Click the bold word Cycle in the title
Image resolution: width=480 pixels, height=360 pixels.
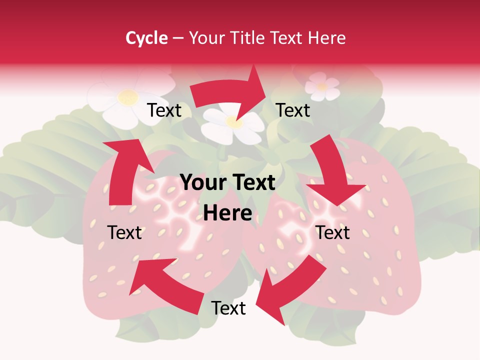(146, 38)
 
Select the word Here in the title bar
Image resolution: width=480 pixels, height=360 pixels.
(327, 38)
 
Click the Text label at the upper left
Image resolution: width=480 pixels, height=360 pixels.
(164, 110)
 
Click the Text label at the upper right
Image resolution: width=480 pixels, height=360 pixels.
(293, 110)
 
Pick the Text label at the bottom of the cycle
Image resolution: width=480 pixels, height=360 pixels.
(228, 308)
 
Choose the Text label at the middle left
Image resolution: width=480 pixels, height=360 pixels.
(124, 232)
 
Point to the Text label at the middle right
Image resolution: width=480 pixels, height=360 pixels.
(332, 232)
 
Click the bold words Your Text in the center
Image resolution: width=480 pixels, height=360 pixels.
(227, 183)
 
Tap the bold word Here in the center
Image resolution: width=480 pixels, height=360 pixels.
(227, 213)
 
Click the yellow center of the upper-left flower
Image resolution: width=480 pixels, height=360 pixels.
(128, 96)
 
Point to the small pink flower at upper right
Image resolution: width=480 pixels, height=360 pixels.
(322, 86)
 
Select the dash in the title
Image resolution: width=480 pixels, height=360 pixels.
(178, 38)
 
